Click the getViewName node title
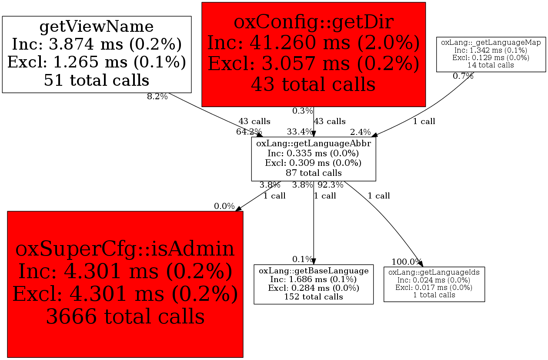(x=97, y=27)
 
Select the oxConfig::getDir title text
(x=314, y=22)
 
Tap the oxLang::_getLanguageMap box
(x=491, y=54)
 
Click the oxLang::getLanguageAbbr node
(x=314, y=159)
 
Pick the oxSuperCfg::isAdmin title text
(x=125, y=249)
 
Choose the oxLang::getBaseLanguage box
(x=314, y=284)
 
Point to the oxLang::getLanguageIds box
(x=434, y=284)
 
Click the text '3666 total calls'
(x=125, y=316)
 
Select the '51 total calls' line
(x=97, y=80)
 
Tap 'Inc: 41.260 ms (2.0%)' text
(x=314, y=43)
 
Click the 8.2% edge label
(x=157, y=97)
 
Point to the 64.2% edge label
(x=249, y=132)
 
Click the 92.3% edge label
(x=331, y=185)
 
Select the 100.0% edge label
(x=406, y=262)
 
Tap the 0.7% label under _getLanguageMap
(x=463, y=76)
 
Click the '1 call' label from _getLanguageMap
(x=424, y=121)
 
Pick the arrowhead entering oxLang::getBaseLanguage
(x=314, y=261)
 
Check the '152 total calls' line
(x=314, y=297)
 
